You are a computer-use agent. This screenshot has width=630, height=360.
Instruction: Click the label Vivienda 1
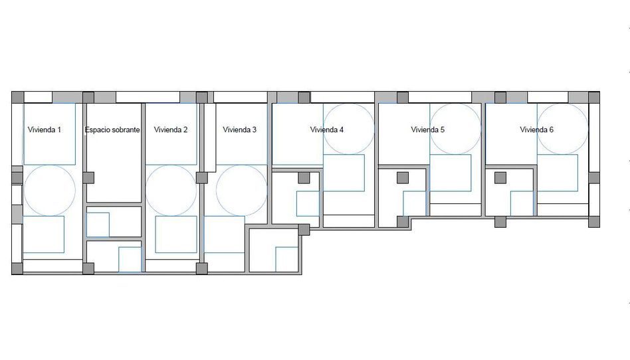click(45, 130)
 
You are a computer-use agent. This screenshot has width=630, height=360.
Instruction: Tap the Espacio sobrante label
click(112, 130)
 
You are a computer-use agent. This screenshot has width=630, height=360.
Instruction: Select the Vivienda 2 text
click(171, 130)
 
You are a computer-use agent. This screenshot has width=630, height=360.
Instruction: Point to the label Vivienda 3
click(239, 130)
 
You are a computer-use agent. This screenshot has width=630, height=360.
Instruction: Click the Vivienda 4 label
click(327, 130)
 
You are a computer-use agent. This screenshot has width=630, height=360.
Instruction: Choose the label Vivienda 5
click(427, 130)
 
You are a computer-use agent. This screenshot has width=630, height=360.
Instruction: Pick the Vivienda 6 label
click(536, 130)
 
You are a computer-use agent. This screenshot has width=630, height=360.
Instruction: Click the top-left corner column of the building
click(18, 97)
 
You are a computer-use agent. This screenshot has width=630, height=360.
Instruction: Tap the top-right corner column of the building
click(594, 97)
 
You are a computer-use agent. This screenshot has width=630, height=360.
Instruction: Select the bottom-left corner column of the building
click(17, 269)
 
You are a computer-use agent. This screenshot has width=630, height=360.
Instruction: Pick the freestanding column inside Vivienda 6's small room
click(500, 177)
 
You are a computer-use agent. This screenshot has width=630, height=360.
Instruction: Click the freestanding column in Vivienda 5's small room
click(403, 177)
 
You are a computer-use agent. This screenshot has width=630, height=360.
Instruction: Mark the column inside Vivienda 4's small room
click(304, 177)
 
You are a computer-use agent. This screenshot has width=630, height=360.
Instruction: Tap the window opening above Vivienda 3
click(241, 97)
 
